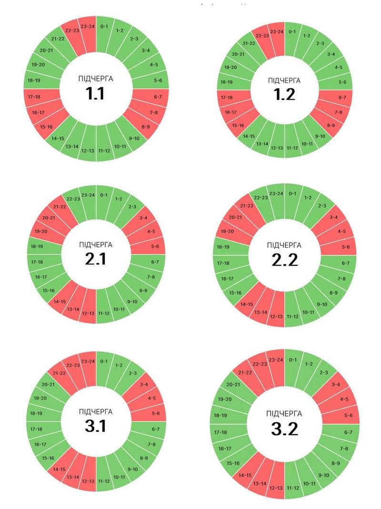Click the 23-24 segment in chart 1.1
pyautogui.click(x=87, y=27)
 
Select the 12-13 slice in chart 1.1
pyautogui.click(x=87, y=151)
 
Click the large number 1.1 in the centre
pyautogui.click(x=96, y=94)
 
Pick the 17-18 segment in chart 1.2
pyautogui.click(x=227, y=98)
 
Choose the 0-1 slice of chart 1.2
pyautogui.click(x=292, y=32)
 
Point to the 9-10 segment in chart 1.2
pyautogui.click(x=321, y=136)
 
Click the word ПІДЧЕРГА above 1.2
pyautogui.click(x=284, y=80)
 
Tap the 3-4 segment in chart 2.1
pyautogui.click(x=144, y=218)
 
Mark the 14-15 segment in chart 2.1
pyautogui.click(x=60, y=301)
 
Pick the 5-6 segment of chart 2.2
pyautogui.click(x=345, y=247)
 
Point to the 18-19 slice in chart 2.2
pyautogui.click(x=224, y=247)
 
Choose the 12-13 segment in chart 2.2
pyautogui.click(x=276, y=316)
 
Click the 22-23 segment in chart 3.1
pyautogui.click(x=73, y=365)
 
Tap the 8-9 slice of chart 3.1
pyautogui.click(x=144, y=458)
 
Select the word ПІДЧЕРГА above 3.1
pyautogui.click(x=96, y=411)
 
